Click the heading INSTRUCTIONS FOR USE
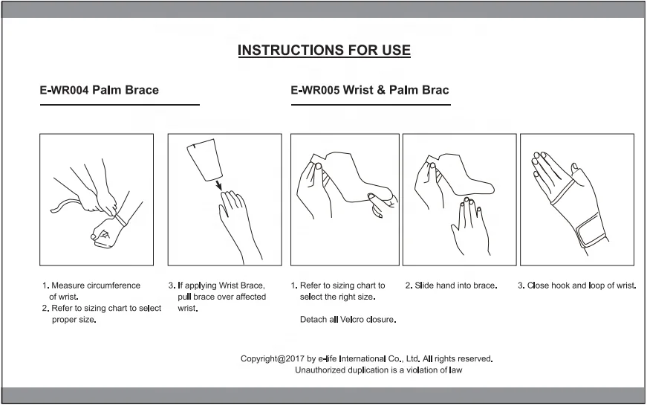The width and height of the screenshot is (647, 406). (x=324, y=50)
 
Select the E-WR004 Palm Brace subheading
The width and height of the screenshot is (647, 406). (x=99, y=90)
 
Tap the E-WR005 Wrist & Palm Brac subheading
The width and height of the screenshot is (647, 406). (x=370, y=90)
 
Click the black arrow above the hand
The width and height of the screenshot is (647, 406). (x=218, y=184)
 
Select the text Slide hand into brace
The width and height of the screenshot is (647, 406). (x=455, y=286)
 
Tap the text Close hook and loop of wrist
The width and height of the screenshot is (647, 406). (x=582, y=286)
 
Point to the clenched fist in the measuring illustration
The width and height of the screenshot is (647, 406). (x=105, y=233)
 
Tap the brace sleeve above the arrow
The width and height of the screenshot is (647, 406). (x=205, y=160)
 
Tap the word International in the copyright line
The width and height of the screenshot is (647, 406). (x=362, y=358)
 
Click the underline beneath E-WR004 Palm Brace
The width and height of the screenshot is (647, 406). (x=120, y=105)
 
